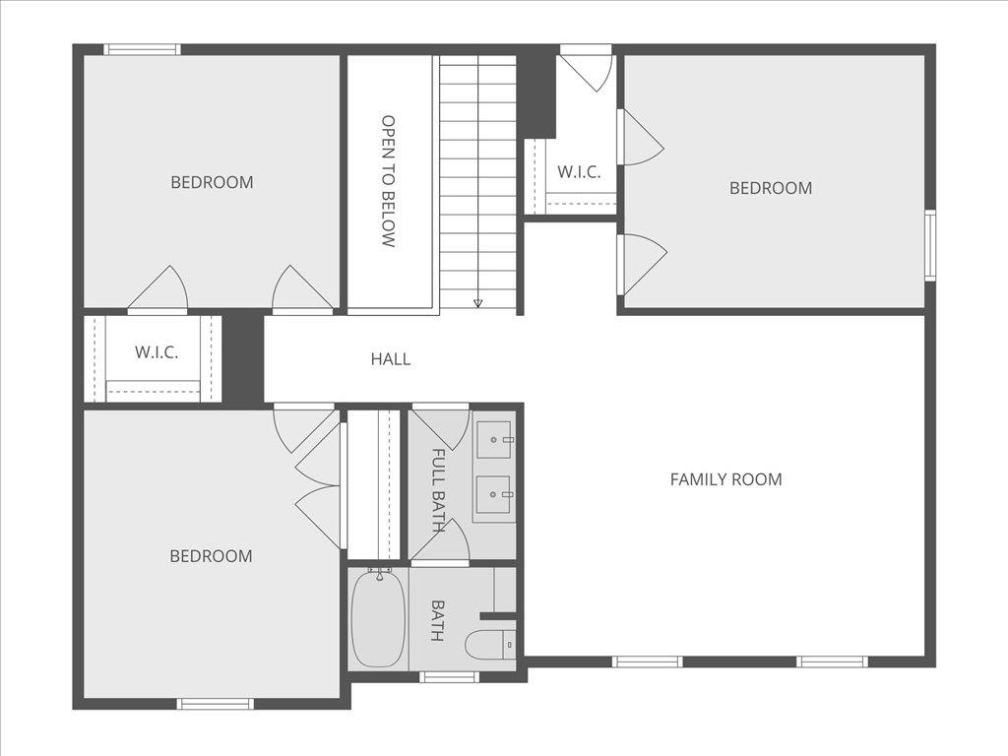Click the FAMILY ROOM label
725,479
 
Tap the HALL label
391,359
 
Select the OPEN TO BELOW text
388,181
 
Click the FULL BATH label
438,490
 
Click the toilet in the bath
490,645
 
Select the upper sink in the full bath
494,434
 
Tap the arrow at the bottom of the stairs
478,303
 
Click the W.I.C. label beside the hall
157,352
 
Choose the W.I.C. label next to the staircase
579,171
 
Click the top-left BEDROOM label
212,182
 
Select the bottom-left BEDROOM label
211,556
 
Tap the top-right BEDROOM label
771,188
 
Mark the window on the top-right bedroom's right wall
929,245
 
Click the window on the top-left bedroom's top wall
143,49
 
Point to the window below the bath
449,676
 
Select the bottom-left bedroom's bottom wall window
215,703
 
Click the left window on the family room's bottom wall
647,661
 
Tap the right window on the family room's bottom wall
832,661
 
